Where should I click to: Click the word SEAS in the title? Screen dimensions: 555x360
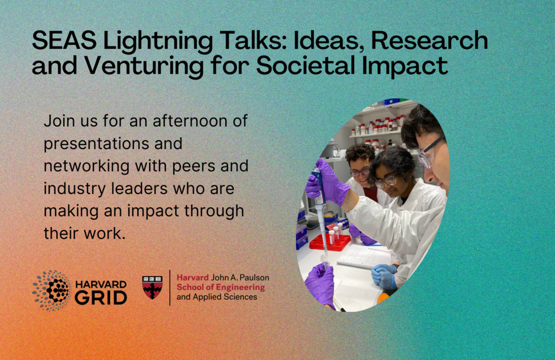click(64, 40)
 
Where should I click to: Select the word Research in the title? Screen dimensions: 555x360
click(430, 40)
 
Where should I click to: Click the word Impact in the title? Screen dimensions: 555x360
click(404, 66)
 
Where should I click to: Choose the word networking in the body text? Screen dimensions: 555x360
click(87, 167)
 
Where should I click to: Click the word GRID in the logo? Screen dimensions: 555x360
click(101, 298)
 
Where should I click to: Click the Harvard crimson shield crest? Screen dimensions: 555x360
click(152, 287)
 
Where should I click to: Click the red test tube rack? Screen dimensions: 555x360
click(329, 242)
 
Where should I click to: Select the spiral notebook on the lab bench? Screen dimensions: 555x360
click(364, 256)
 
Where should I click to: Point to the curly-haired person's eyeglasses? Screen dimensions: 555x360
click(359, 172)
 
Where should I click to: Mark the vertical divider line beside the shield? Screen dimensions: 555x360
click(170, 287)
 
